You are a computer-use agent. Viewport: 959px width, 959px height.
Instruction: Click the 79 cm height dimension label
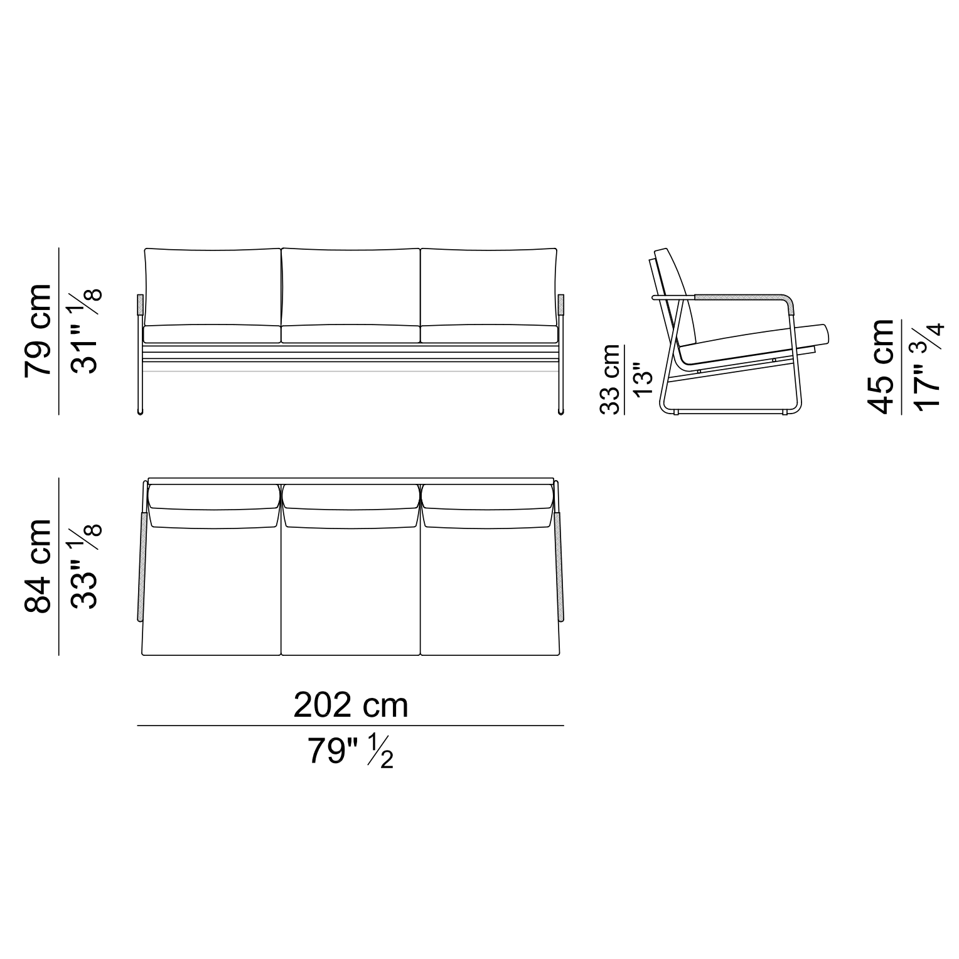coord(38,330)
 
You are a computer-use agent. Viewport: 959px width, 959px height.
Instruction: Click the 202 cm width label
coord(351,705)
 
